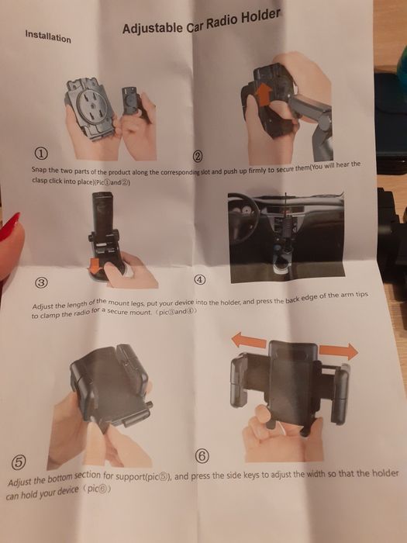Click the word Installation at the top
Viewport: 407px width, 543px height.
(48, 36)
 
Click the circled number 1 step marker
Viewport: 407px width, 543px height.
(41, 153)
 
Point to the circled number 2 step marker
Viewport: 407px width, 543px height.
(198, 157)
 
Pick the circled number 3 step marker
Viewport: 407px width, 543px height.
(41, 282)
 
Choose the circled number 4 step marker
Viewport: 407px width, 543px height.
(199, 279)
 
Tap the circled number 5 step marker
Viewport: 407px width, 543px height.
(18, 462)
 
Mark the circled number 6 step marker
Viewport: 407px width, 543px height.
(202, 456)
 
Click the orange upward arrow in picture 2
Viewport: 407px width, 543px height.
(264, 94)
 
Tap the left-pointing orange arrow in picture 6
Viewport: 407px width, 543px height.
(249, 341)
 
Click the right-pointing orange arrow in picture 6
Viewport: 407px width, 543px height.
(338, 351)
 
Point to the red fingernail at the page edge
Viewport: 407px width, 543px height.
(9, 226)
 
